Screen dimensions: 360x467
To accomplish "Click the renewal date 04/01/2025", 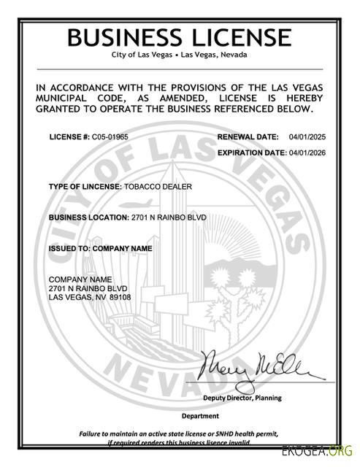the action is [x=305, y=137].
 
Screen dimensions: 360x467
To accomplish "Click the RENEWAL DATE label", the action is [x=248, y=137].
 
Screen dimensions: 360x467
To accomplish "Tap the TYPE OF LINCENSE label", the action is [x=85, y=187].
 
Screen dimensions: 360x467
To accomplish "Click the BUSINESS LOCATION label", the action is [x=88, y=218].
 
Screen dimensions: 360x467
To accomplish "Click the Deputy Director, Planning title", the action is [x=242, y=398].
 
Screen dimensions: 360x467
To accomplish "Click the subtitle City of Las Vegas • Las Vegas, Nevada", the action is [x=180, y=55].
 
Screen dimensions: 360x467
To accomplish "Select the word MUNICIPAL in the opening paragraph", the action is [x=67, y=99].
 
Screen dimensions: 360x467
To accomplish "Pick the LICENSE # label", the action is [x=69, y=137].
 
